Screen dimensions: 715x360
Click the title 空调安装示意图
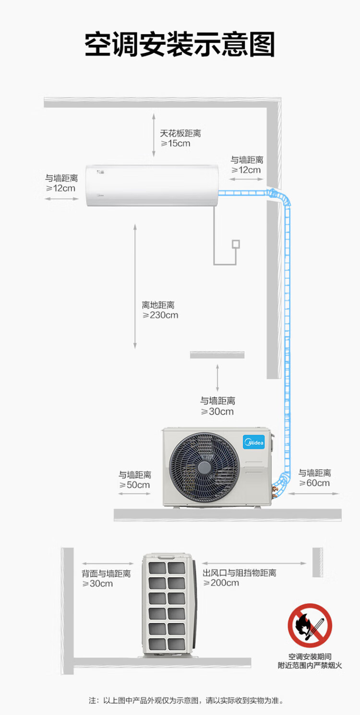pyautogui.click(x=180, y=46)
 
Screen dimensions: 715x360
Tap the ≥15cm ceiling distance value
pyautogui.click(x=175, y=143)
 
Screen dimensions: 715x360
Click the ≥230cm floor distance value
pyautogui.click(x=160, y=315)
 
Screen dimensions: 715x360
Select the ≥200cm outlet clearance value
pyautogui.click(x=221, y=583)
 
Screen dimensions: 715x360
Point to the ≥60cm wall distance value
pyautogui.click(x=314, y=483)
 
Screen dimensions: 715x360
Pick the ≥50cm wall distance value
pyautogui.click(x=134, y=485)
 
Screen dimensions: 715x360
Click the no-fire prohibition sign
pyautogui.click(x=310, y=625)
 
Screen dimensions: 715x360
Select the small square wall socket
pyautogui.click(x=235, y=244)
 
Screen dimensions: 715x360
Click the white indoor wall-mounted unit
pyautogui.click(x=153, y=185)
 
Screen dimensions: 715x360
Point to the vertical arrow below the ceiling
pyautogui.click(x=154, y=135)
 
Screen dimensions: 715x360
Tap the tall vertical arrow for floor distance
pyautogui.click(x=135, y=286)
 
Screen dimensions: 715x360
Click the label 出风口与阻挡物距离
pyautogui.click(x=240, y=573)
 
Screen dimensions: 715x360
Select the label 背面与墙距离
pyautogui.click(x=106, y=573)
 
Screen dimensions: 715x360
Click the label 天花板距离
pyautogui.click(x=180, y=133)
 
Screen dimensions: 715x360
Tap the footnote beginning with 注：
pyautogui.click(x=186, y=701)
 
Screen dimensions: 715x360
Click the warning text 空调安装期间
pyautogui.click(x=310, y=656)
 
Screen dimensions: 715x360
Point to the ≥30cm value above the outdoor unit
pyautogui.click(x=217, y=412)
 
